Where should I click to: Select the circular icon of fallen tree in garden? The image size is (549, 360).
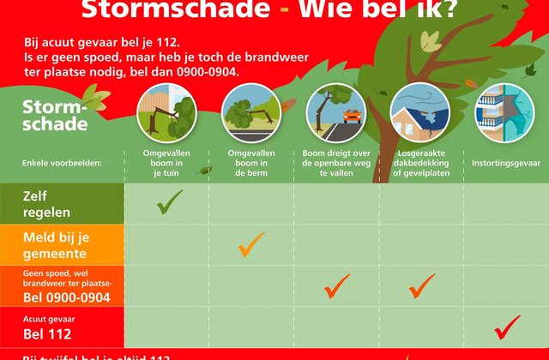[x=166, y=115]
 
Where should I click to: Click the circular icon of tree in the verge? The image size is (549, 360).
[x=250, y=115]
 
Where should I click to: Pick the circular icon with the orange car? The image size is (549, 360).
[x=335, y=115]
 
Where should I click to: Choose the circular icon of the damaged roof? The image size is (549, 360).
[x=419, y=115]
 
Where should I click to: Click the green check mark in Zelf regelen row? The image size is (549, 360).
[x=170, y=202]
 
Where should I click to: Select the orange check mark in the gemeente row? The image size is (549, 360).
[x=250, y=245]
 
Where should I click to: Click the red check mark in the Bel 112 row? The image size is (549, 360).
[x=507, y=327]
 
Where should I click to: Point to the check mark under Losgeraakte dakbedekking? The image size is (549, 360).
[x=422, y=285]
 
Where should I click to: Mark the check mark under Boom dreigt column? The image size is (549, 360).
[x=337, y=285]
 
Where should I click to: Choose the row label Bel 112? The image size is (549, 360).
[x=47, y=334]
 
